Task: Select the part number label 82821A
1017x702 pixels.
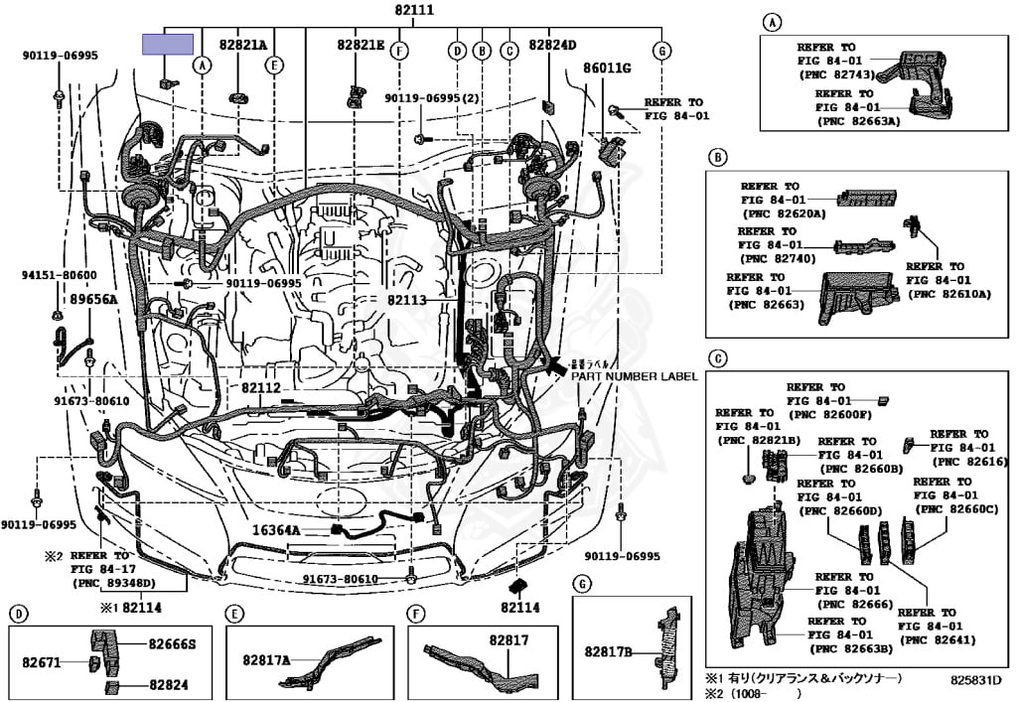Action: tap(243, 45)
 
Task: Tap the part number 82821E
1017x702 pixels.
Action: tap(360, 45)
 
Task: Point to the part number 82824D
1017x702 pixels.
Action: tap(552, 45)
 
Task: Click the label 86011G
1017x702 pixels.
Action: tap(607, 68)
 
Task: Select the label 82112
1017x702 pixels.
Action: tap(261, 387)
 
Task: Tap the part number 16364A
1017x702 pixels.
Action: tap(275, 530)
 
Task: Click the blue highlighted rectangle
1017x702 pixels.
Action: tap(168, 44)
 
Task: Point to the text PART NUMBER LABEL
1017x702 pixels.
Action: tap(634, 376)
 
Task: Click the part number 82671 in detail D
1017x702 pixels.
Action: tap(43, 660)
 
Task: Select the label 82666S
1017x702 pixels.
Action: tap(172, 644)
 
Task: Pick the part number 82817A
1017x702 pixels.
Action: tap(266, 659)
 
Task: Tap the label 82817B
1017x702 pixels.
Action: tap(608, 651)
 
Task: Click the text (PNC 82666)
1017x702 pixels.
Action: tap(847, 603)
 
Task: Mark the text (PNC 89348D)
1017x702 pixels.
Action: tap(128, 583)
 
